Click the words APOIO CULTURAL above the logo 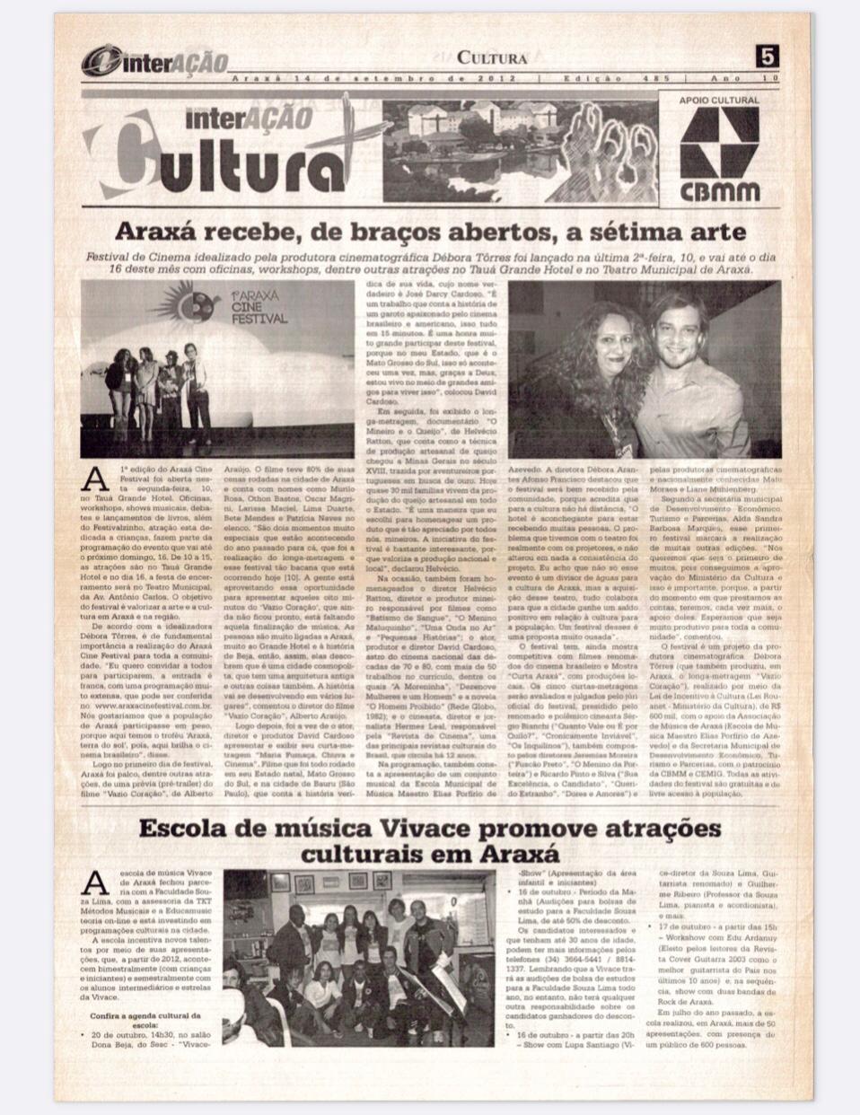[720, 101]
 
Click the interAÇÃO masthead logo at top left [153, 61]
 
